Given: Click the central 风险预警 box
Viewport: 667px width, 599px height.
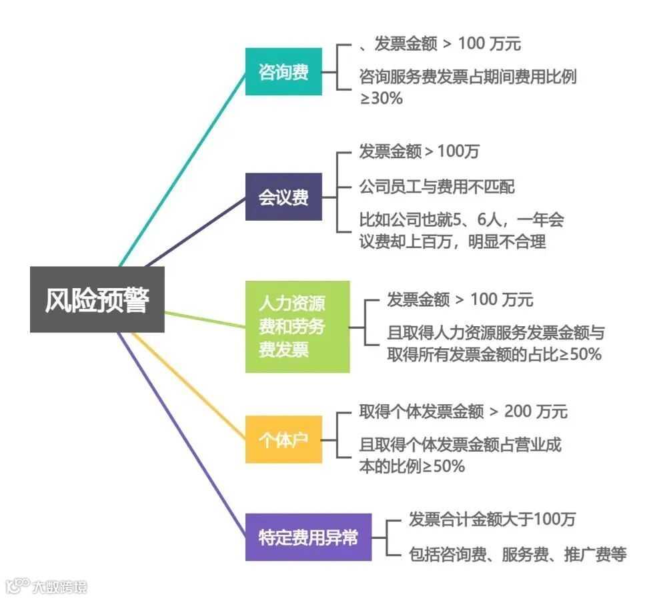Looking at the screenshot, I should (x=97, y=299).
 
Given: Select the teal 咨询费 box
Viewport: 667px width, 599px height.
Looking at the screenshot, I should (x=283, y=71).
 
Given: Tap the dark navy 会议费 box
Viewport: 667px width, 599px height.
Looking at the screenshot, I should (x=283, y=197).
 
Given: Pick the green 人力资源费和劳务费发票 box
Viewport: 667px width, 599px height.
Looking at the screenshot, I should (x=297, y=326).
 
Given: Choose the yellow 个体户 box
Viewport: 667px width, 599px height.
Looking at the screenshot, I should (x=283, y=440).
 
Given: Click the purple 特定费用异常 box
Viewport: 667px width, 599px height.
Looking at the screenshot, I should (x=307, y=537).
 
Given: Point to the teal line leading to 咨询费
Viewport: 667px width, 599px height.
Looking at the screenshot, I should (x=183, y=167).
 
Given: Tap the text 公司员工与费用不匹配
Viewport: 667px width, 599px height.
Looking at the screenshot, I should (x=437, y=187).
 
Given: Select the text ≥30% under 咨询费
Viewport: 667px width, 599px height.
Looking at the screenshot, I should (x=382, y=99).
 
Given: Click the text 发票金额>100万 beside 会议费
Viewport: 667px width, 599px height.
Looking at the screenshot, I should (x=419, y=151).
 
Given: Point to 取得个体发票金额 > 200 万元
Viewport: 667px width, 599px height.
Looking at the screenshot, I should (x=463, y=412).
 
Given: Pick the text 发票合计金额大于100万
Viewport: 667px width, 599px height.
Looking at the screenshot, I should (x=492, y=518).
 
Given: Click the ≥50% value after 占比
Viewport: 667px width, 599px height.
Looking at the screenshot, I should (x=580, y=355).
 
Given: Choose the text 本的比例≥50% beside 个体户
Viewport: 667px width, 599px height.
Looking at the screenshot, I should (x=412, y=466).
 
